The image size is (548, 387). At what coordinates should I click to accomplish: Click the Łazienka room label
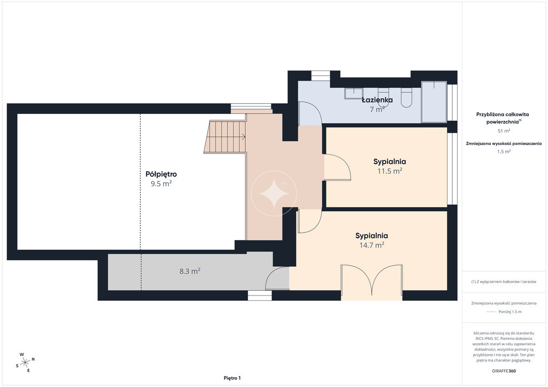click(x=377, y=100)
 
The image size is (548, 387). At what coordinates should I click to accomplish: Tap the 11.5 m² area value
click(x=390, y=171)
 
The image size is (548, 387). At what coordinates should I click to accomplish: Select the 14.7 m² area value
click(x=372, y=245)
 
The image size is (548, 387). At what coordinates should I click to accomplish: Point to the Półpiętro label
click(x=161, y=174)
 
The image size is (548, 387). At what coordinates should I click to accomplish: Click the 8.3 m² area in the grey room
click(x=190, y=271)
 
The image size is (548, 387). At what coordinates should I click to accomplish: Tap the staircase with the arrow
click(x=225, y=137)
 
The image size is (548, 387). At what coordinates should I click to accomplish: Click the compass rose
click(x=26, y=362)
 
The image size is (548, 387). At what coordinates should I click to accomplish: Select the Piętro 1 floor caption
click(x=232, y=378)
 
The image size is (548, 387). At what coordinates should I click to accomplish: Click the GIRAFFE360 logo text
click(x=504, y=371)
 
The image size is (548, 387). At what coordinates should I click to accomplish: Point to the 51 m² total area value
click(x=504, y=131)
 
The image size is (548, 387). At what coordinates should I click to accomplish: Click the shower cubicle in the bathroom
click(x=434, y=102)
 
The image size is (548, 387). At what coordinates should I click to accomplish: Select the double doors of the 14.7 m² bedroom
click(x=372, y=282)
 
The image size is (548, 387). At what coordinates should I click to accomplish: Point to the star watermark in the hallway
click(x=274, y=193)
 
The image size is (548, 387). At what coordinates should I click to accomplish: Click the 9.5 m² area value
click(x=161, y=183)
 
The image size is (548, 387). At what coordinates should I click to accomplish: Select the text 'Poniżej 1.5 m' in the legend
click(x=510, y=312)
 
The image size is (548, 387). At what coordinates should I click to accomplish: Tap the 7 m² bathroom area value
click(x=377, y=109)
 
